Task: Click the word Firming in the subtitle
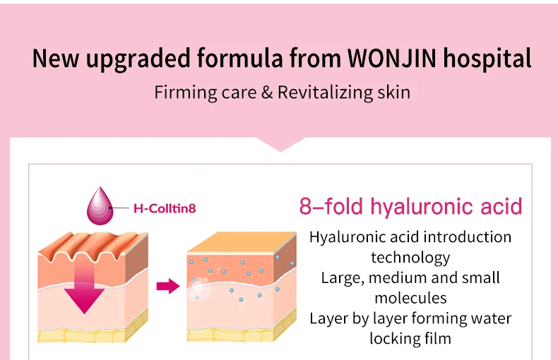[179, 93]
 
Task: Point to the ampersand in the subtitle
[265, 93]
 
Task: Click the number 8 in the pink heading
[306, 207]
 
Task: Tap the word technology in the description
[410, 257]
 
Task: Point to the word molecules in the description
[410, 298]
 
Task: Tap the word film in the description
[438, 339]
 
